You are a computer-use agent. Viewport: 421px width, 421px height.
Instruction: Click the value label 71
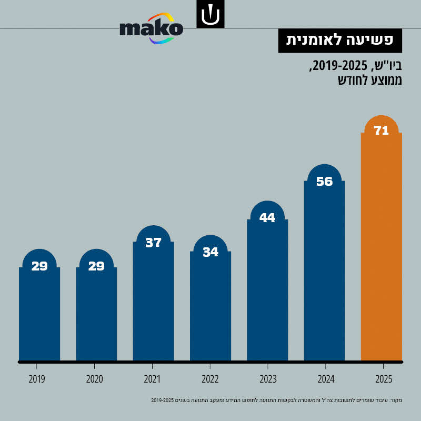click(x=381, y=131)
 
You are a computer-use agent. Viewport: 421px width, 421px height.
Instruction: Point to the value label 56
click(x=324, y=182)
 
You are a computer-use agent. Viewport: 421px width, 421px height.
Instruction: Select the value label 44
click(x=267, y=217)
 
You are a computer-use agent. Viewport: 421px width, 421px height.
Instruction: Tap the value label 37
click(x=153, y=243)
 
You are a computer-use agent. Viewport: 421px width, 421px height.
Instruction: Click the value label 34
click(x=210, y=252)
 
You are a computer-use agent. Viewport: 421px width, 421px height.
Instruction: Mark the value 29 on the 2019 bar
click(x=39, y=266)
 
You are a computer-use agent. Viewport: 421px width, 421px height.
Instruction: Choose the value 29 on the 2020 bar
click(x=96, y=266)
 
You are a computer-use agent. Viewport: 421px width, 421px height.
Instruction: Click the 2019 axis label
click(x=36, y=379)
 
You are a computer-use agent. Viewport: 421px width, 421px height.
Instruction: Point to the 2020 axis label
click(x=94, y=379)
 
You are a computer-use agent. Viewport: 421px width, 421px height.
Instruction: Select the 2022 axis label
click(x=210, y=379)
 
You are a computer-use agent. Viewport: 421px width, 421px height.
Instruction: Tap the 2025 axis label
click(x=383, y=379)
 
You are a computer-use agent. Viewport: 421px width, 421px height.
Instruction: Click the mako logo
click(x=152, y=28)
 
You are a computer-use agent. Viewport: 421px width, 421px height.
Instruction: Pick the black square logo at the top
click(x=210, y=14)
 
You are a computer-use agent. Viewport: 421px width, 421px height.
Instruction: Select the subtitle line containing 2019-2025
click(x=356, y=67)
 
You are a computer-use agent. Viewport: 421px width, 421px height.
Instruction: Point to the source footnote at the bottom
click(x=277, y=401)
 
